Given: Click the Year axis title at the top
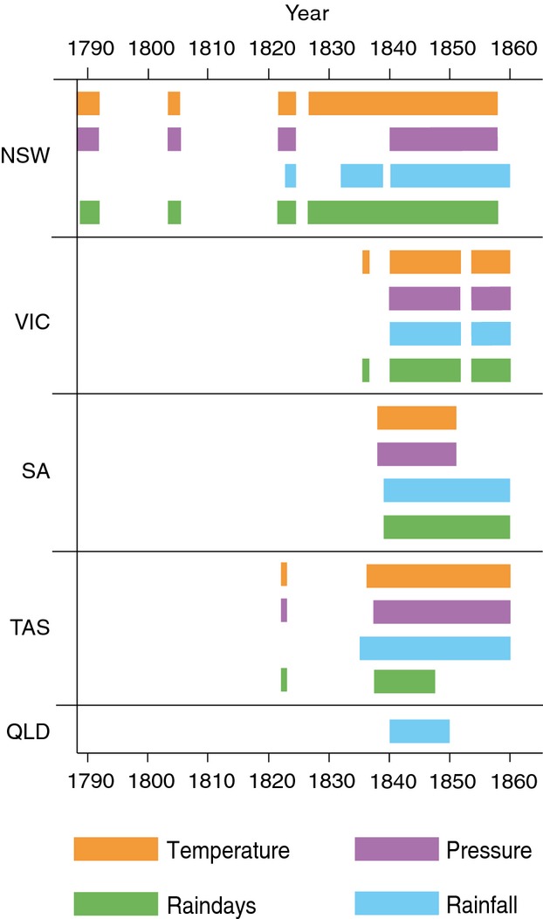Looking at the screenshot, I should [307, 13].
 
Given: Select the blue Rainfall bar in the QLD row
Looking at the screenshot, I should [419, 731].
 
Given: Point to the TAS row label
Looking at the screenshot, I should [31, 628].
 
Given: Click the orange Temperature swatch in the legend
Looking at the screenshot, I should [115, 849].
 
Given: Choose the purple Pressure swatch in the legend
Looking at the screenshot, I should [396, 849].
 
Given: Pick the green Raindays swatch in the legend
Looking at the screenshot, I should [115, 903].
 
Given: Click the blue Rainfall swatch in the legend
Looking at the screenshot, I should [396, 903].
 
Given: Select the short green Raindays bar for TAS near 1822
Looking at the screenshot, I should [284, 680].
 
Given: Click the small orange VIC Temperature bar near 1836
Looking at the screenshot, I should [366, 262].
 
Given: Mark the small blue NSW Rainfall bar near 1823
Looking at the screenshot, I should [290, 175].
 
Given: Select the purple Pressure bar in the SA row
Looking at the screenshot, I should [416, 454].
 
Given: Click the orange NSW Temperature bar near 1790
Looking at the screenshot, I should [88, 103].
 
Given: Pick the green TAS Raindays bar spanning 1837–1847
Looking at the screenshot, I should [404, 681].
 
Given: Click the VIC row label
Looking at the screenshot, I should [32, 322].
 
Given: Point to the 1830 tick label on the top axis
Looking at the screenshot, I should [329, 47].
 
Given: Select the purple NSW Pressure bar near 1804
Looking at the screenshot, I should [174, 140].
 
